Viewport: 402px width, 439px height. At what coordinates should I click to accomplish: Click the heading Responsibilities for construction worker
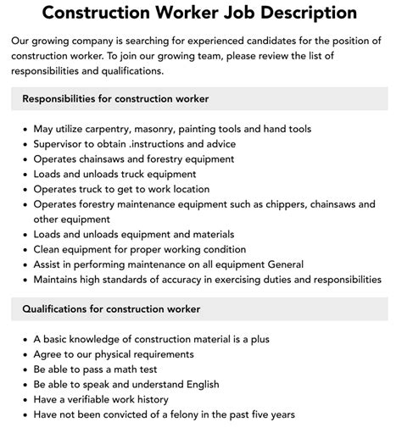[x=115, y=98]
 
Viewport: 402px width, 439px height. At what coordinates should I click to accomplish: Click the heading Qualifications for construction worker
[x=110, y=309]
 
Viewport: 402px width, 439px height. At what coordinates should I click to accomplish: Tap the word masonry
[x=176, y=129]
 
